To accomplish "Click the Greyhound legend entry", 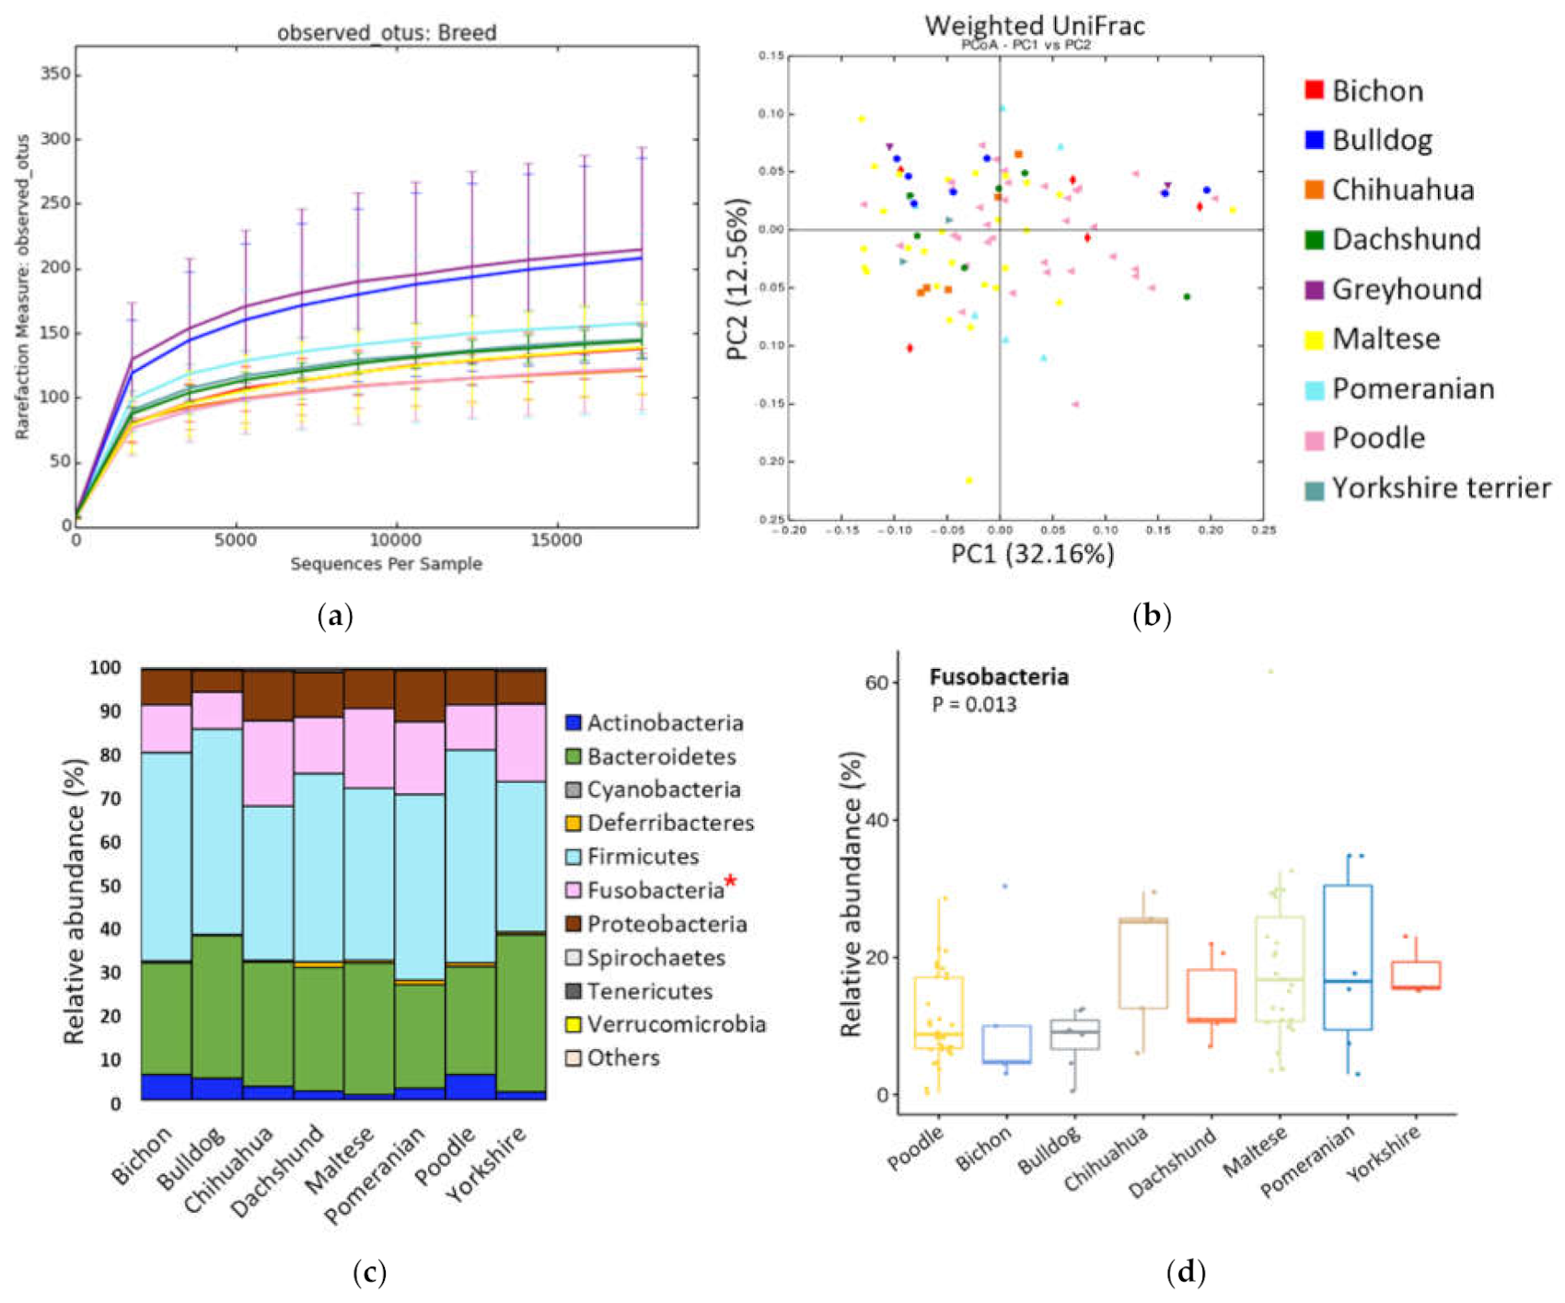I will pyautogui.click(x=1406, y=289).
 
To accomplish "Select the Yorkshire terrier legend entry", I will pyautogui.click(x=1441, y=488).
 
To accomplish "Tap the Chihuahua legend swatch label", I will pyautogui.click(x=1402, y=190).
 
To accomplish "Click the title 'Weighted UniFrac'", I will pyautogui.click(x=1035, y=25).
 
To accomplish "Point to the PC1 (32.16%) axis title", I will pyautogui.click(x=1032, y=553).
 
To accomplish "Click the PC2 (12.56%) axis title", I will pyautogui.click(x=738, y=279).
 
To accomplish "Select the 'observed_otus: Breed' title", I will pyautogui.click(x=387, y=33).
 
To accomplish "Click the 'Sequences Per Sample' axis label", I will pyautogui.click(x=387, y=563).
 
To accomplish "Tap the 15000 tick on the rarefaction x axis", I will pyautogui.click(x=557, y=540).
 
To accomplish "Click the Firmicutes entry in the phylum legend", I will pyautogui.click(x=643, y=857).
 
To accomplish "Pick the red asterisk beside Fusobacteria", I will pyautogui.click(x=731, y=882).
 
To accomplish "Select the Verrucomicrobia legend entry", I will pyautogui.click(x=676, y=1024).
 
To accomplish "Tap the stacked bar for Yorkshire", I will pyautogui.click(x=521, y=883).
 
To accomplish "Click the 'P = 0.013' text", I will pyautogui.click(x=974, y=705).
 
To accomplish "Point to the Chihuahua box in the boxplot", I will pyautogui.click(x=1143, y=963).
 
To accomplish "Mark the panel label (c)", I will pyautogui.click(x=369, y=1274).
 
